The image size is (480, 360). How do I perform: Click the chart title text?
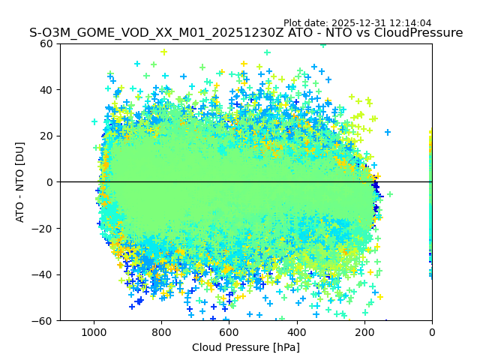[246, 33]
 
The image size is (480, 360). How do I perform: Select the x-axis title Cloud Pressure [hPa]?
[246, 347]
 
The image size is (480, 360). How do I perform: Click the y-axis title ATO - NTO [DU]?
[21, 181]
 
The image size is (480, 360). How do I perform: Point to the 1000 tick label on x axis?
[94, 331]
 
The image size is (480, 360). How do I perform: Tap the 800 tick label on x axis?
[161, 331]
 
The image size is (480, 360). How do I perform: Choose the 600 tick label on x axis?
[229, 331]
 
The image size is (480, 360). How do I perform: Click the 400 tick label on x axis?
[296, 331]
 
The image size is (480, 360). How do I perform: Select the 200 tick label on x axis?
[364, 331]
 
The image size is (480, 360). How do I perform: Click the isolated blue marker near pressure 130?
[388, 133]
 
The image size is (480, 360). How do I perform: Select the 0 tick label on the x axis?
[431, 331]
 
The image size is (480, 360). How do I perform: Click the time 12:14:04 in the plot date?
[410, 23]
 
